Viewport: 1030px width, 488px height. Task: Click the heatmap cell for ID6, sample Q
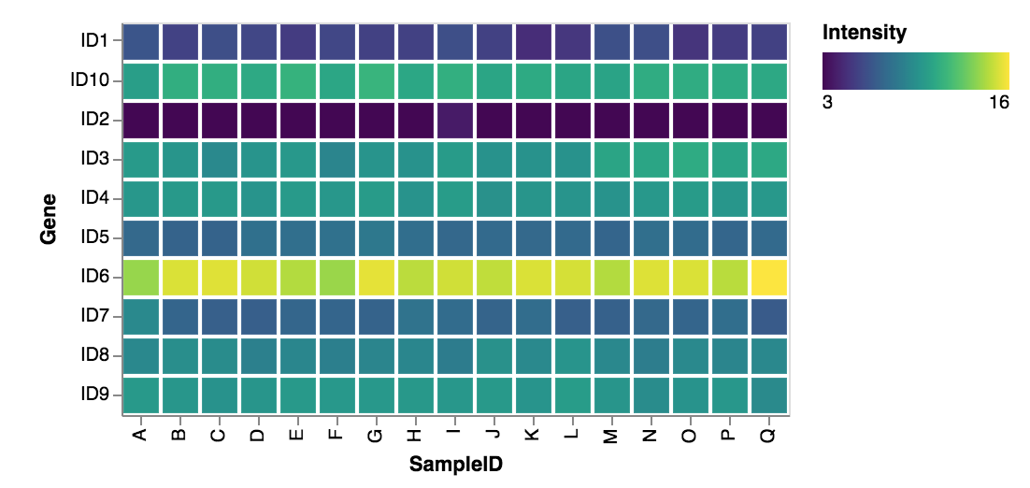pyautogui.click(x=768, y=278)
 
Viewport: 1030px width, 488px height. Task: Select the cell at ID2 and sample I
pyautogui.click(x=455, y=121)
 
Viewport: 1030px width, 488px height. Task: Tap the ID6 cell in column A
pyautogui.click(x=141, y=278)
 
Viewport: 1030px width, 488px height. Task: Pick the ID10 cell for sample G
pyautogui.click(x=377, y=81)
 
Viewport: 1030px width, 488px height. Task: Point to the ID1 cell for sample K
pyautogui.click(x=534, y=42)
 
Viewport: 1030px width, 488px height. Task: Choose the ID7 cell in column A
pyautogui.click(x=141, y=317)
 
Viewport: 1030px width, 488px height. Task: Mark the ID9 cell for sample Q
pyautogui.click(x=768, y=395)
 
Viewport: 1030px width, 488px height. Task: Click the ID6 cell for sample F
pyautogui.click(x=337, y=278)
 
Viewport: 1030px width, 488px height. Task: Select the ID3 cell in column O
pyautogui.click(x=691, y=160)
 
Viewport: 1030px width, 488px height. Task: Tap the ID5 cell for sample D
pyautogui.click(x=259, y=238)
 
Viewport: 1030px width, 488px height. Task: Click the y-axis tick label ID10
pyautogui.click(x=90, y=81)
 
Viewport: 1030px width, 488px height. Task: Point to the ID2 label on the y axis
pyautogui.click(x=94, y=121)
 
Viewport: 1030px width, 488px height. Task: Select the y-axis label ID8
pyautogui.click(x=94, y=356)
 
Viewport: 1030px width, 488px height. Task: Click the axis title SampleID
pyautogui.click(x=454, y=464)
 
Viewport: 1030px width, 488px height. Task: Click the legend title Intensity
pyautogui.click(x=865, y=34)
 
